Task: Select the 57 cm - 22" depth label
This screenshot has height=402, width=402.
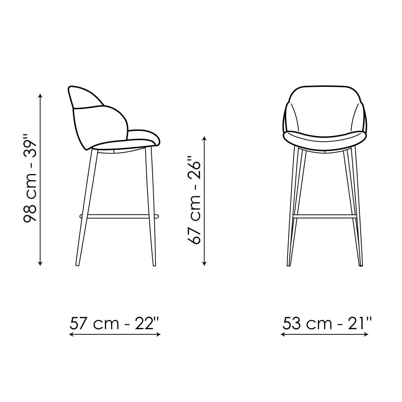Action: click(x=114, y=323)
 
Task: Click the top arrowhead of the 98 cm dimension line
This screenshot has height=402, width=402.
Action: click(x=40, y=95)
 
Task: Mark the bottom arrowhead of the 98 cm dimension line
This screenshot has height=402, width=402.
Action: click(x=40, y=263)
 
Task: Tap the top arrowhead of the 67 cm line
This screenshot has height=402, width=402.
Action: click(x=204, y=139)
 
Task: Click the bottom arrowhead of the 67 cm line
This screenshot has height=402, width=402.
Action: click(x=204, y=263)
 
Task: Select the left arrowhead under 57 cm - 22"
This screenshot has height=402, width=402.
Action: click(x=71, y=334)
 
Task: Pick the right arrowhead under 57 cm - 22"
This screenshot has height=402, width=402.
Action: click(x=158, y=334)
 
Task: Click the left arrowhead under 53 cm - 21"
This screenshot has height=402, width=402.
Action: click(x=283, y=334)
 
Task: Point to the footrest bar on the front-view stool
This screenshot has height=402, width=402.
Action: click(x=325, y=216)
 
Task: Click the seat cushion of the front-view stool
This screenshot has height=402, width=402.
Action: click(x=325, y=139)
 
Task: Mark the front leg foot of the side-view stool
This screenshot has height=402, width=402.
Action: click(x=154, y=265)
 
